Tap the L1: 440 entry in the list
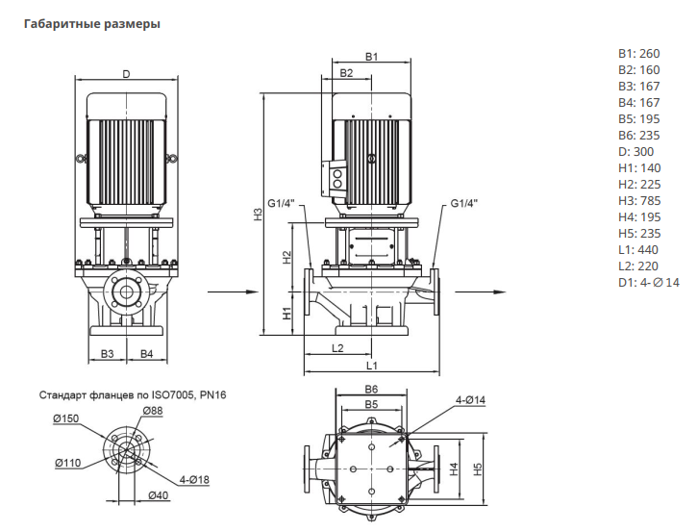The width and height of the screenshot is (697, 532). tap(637, 249)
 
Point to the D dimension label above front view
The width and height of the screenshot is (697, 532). tap(125, 74)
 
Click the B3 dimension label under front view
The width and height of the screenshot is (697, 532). tap(108, 355)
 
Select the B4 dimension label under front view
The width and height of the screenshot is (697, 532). tap(146, 355)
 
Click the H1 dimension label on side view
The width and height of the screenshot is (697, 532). tap(286, 313)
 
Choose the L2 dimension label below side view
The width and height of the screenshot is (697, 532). tap(337, 347)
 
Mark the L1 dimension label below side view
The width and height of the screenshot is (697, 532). tap(371, 366)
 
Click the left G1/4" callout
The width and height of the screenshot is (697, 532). tap(281, 204)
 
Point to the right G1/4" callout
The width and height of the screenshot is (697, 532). tap(462, 204)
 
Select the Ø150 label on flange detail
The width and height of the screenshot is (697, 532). tap(65, 418)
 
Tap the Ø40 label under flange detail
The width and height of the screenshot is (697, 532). tap(159, 495)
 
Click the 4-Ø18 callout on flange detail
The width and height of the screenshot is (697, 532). tap(194, 479)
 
